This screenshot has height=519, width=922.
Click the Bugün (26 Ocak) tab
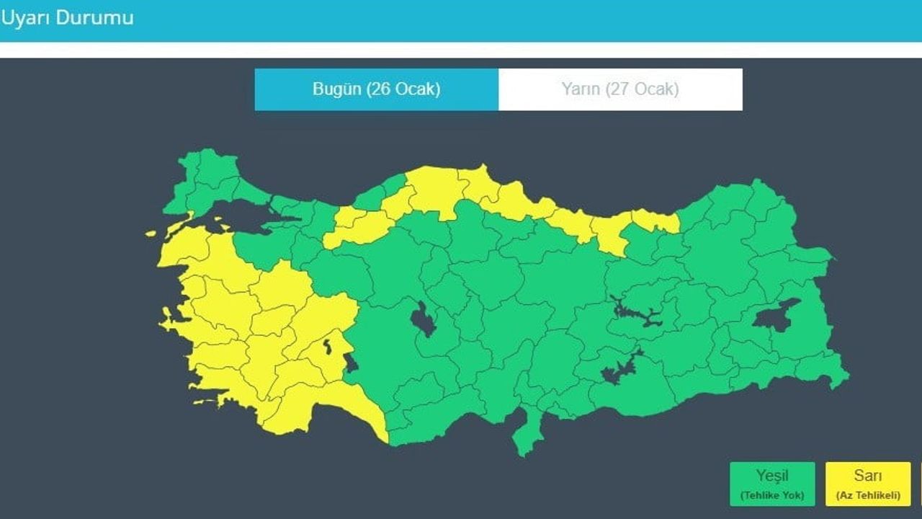[x=376, y=89]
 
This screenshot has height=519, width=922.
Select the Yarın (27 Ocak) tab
[x=620, y=89]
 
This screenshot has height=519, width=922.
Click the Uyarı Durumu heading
[x=66, y=18]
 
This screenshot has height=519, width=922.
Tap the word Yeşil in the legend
[x=771, y=476]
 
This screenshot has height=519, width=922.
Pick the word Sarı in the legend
[x=868, y=476]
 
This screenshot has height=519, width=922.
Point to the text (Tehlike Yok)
[x=772, y=495]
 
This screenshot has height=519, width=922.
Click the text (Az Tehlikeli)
[x=868, y=495]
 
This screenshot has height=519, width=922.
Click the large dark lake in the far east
[x=774, y=315]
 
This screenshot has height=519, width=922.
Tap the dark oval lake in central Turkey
[x=424, y=319]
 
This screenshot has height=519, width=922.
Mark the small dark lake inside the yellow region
[x=329, y=347]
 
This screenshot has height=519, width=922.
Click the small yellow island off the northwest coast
[x=151, y=234]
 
